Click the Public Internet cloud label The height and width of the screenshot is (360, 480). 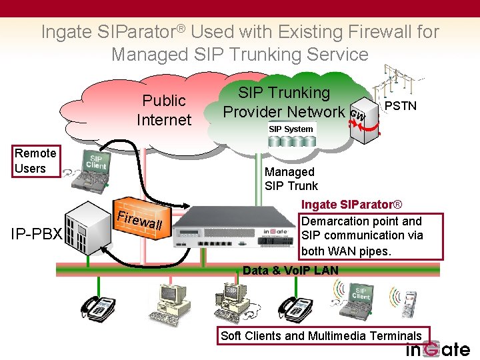(x=163, y=110)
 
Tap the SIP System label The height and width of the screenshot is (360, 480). (x=291, y=129)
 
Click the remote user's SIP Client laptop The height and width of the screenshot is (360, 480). (x=89, y=167)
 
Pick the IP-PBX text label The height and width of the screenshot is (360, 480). (x=36, y=234)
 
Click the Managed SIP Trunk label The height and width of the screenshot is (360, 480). (x=291, y=179)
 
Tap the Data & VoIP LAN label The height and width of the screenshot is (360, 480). (x=291, y=270)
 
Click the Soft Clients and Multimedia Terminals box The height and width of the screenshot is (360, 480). (x=321, y=335)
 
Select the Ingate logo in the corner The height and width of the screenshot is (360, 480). (x=437, y=349)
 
